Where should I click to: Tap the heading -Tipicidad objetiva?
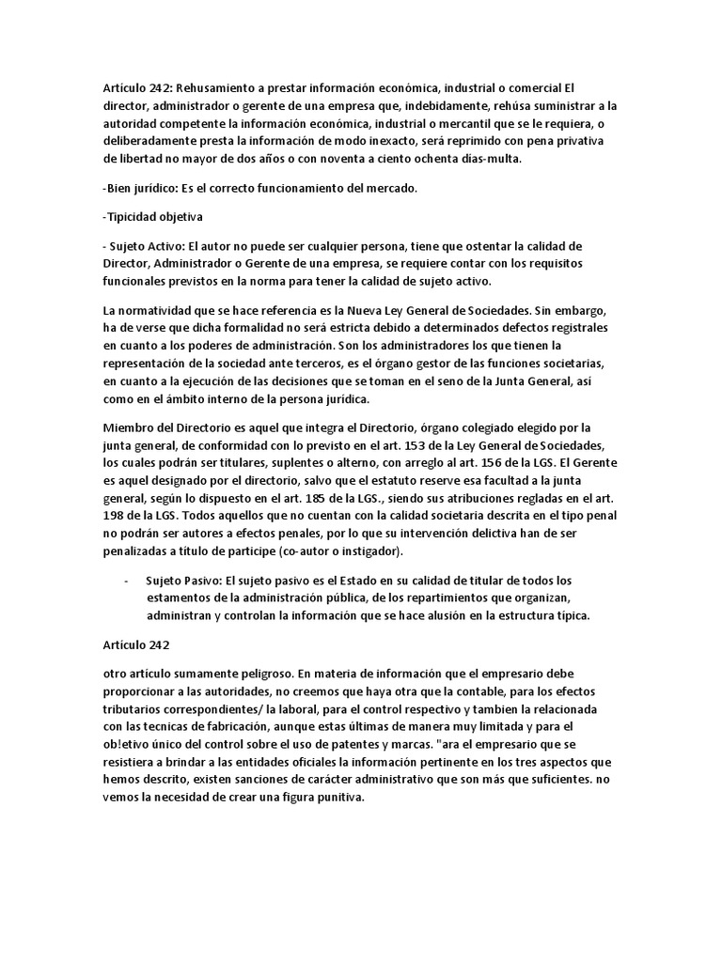(x=152, y=218)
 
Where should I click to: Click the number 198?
(x=116, y=516)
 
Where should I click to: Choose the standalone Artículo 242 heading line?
(x=135, y=645)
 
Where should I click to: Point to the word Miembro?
(x=128, y=427)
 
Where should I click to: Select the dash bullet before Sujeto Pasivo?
(x=126, y=580)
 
